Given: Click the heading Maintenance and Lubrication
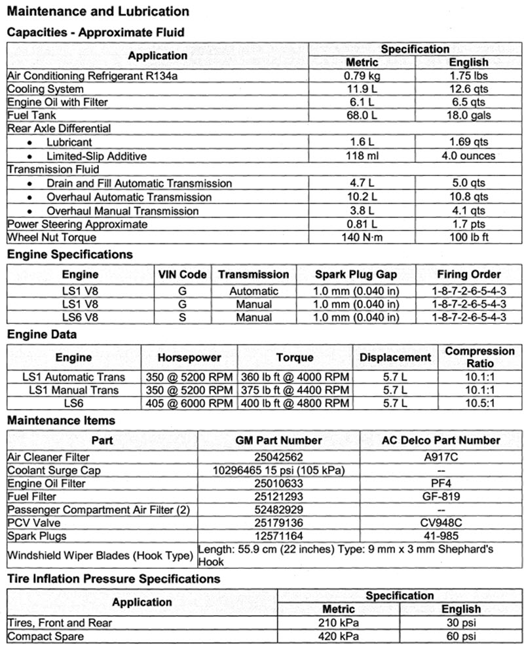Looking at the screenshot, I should coord(98,11).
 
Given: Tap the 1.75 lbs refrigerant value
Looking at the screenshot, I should coord(468,76).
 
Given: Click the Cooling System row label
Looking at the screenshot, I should coord(45,89).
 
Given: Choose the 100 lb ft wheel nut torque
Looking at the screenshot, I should coord(468,237).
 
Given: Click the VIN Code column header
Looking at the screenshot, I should coord(183,274).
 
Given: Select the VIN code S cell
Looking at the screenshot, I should coord(183,317).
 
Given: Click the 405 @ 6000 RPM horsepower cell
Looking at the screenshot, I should coord(189,403).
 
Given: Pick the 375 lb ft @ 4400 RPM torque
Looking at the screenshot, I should coord(295,390).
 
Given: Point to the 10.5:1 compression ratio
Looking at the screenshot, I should coord(480,403).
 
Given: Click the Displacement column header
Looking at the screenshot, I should coord(396,357).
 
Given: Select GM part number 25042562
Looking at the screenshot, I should coord(278,457).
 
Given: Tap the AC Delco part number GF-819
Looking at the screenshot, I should coord(441,497).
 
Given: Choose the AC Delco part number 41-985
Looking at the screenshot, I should coord(441,536).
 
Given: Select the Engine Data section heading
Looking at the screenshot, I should coord(42,334).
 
